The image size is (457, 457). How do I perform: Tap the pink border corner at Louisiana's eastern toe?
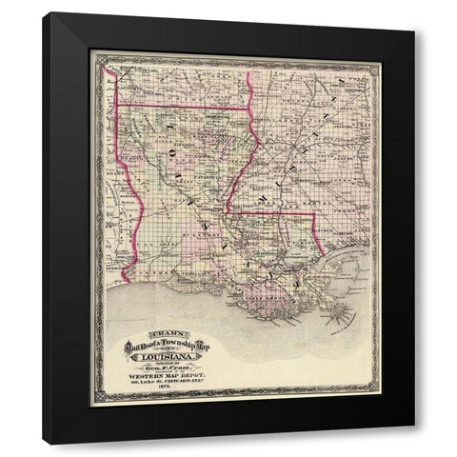(314, 214)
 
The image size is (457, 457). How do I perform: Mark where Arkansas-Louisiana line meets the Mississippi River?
(249, 107)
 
